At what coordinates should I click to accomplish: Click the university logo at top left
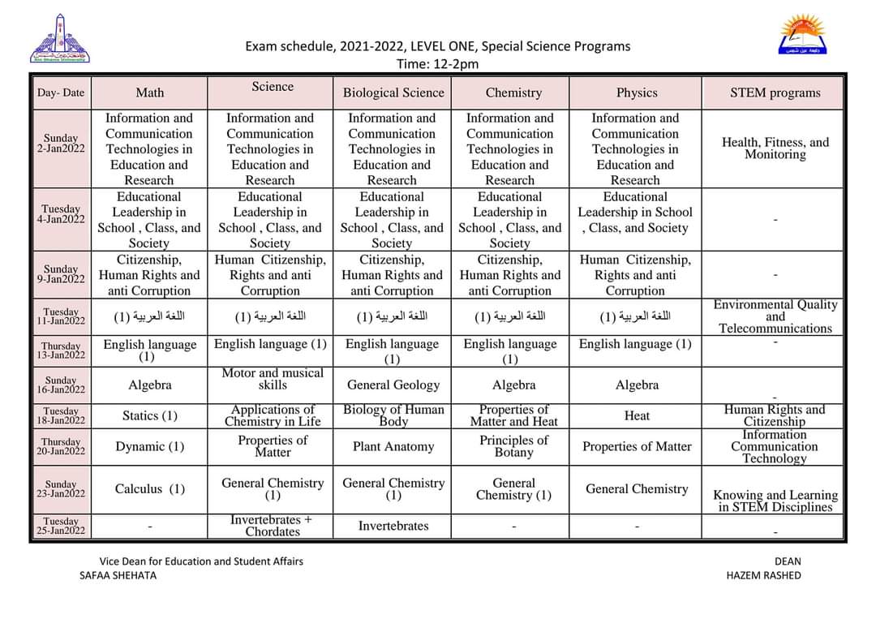[60, 38]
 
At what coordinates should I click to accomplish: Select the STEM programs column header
[775, 93]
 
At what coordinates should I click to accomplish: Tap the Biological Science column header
[393, 93]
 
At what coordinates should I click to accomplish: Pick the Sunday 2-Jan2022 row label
[62, 144]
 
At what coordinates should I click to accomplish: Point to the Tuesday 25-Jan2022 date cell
[62, 527]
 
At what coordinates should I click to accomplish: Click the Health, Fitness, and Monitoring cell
[775, 148]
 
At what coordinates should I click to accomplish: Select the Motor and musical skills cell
[272, 379]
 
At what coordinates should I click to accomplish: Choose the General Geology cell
[393, 385]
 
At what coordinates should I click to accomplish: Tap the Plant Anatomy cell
[393, 446]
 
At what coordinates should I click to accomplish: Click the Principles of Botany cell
[513, 446]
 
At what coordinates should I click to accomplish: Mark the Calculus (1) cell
[149, 488]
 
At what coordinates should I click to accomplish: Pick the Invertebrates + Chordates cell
[272, 526]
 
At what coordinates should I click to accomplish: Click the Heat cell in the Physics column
[637, 415]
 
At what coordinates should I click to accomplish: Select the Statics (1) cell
[149, 415]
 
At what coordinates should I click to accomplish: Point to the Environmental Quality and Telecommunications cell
[775, 316]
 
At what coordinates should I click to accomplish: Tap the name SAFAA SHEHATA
[118, 575]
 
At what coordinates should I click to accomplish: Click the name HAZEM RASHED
[763, 575]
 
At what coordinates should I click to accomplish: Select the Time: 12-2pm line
[437, 64]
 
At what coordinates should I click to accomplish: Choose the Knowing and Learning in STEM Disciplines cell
[775, 501]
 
